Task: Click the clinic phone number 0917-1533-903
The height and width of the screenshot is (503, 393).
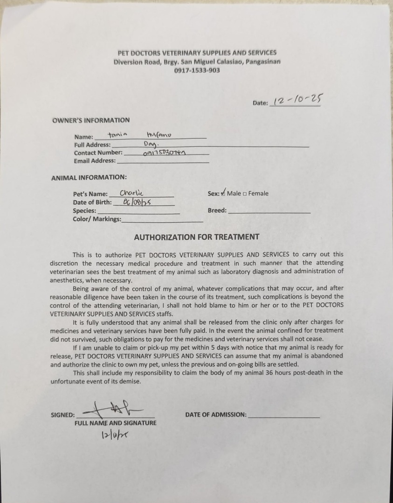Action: (197, 70)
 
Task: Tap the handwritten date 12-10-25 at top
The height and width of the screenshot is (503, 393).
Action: (298, 100)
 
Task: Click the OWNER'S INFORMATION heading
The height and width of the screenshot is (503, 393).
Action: (91, 120)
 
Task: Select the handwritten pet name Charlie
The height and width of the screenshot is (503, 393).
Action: (131, 193)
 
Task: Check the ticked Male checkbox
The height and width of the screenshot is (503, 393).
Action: (223, 193)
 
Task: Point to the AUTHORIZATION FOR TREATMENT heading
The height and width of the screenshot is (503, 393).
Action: (196, 237)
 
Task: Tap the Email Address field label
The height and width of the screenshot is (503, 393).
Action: (95, 161)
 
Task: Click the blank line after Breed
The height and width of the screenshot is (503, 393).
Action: (269, 211)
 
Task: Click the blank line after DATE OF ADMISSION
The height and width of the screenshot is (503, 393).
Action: (284, 415)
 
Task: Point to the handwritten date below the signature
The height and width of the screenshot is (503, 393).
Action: (114, 435)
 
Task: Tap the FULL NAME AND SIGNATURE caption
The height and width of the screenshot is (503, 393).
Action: (115, 423)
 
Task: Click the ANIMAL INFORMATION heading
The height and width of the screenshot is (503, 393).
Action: (89, 177)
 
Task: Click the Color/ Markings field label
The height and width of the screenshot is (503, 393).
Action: (97, 219)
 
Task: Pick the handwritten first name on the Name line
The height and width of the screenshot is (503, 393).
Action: (117, 135)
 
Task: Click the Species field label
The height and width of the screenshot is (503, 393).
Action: (84, 211)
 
